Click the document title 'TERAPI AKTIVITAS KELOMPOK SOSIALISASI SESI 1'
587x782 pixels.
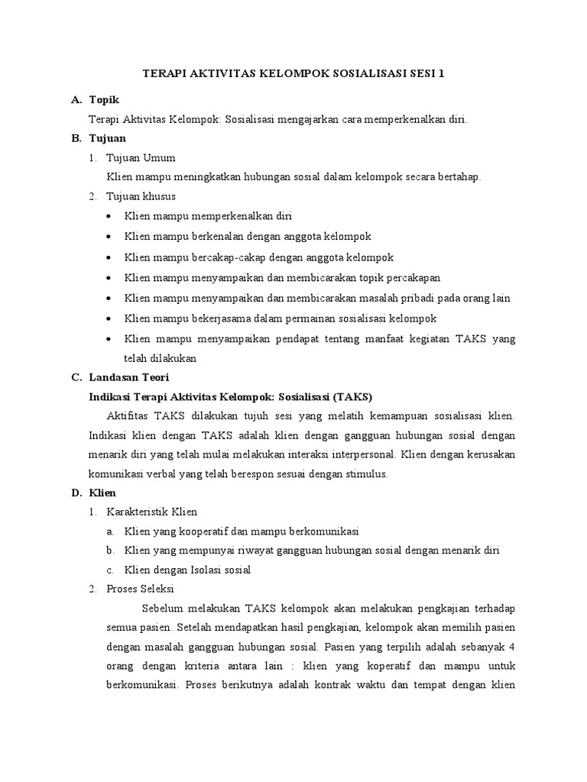tap(293, 74)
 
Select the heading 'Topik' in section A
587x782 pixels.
tap(104, 100)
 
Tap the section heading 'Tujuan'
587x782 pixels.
tap(106, 138)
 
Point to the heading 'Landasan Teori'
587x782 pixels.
tap(129, 377)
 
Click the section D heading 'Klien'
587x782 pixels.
tap(102, 493)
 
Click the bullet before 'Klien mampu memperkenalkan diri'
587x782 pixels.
tap(112, 217)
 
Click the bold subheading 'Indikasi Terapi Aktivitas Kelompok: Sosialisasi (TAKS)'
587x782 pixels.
tap(230, 397)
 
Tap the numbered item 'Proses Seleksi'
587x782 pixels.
tap(141, 589)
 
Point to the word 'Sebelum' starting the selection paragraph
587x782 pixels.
tap(163, 609)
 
